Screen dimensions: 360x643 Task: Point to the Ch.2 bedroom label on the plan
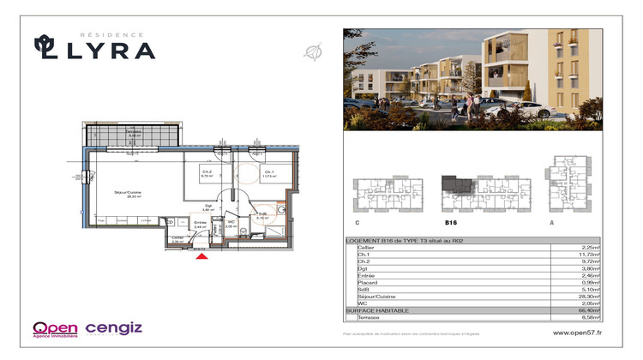click(207, 173)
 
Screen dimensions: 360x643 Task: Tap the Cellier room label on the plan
click(177, 240)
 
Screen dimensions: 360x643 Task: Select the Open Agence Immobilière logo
click(56, 328)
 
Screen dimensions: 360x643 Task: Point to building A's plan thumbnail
click(567, 183)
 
